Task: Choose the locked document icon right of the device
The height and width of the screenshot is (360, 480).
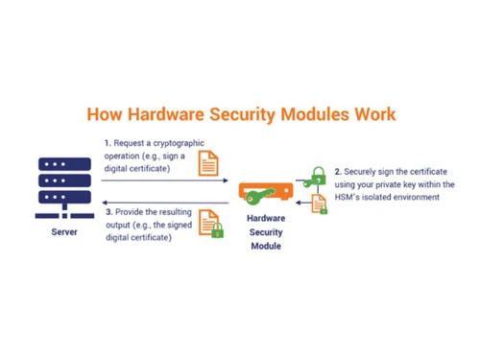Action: point(318,204)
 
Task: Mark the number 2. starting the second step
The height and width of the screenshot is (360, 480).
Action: point(338,173)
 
